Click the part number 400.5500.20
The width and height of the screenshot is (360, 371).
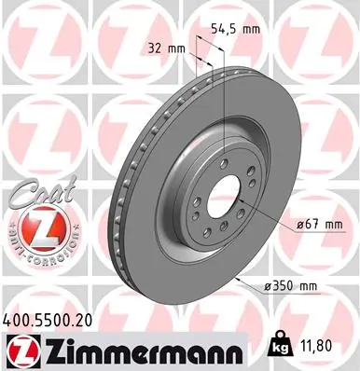tap(54, 319)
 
